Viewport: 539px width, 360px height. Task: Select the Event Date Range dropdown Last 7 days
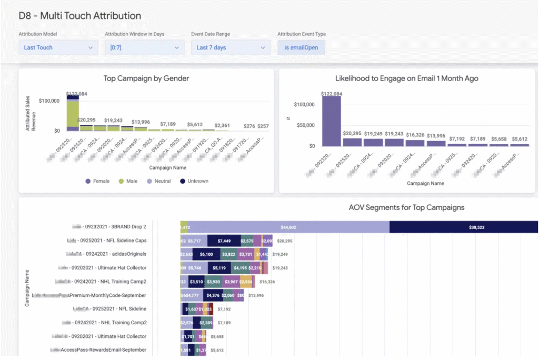pyautogui.click(x=231, y=47)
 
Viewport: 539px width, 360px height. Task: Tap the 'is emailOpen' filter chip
pyautogui.click(x=301, y=47)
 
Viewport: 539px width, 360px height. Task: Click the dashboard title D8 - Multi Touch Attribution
pyautogui.click(x=80, y=16)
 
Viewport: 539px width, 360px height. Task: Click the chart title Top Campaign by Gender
pyautogui.click(x=146, y=79)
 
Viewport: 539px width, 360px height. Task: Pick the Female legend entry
pyautogui.click(x=98, y=181)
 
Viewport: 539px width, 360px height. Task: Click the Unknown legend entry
pyautogui.click(x=193, y=181)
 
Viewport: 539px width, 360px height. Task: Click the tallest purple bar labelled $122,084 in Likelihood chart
pyautogui.click(x=332, y=121)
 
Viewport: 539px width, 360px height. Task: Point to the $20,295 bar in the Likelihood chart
pyautogui.click(x=352, y=142)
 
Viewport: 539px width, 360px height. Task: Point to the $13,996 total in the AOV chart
pyautogui.click(x=256, y=295)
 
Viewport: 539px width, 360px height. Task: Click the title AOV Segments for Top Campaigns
pyautogui.click(x=406, y=207)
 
